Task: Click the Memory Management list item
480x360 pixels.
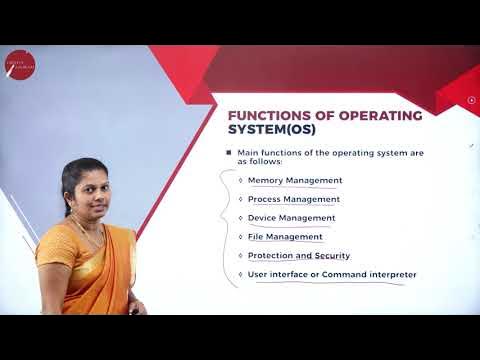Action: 295,180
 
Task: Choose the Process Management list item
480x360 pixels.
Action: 294,199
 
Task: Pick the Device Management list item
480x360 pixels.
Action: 291,218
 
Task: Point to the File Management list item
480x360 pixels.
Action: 285,237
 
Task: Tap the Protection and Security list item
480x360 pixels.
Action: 299,256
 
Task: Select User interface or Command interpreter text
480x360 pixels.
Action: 332,274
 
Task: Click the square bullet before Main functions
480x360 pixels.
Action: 228,152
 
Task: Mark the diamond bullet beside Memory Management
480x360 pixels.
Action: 240,181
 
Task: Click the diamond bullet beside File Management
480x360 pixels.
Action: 240,237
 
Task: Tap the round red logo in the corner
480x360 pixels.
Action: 19,64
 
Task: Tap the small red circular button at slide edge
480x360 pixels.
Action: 472,99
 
